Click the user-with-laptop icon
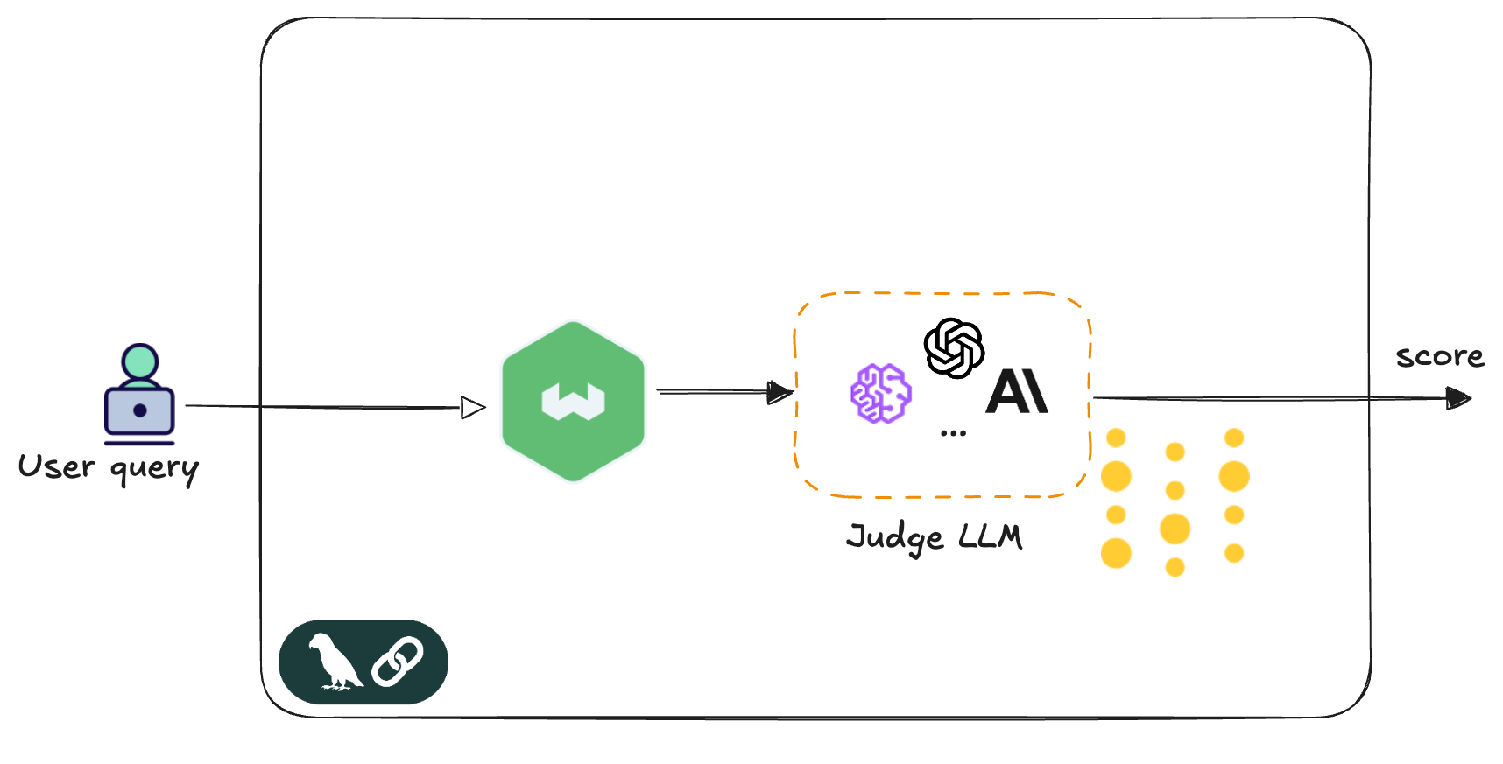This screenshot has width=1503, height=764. coord(139,394)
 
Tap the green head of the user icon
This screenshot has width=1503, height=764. coord(140,361)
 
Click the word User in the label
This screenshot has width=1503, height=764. coord(56,466)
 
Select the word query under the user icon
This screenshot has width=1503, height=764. coord(154,470)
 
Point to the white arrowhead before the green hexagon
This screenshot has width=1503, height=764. coord(472,407)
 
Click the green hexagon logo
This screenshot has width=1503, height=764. coord(573,401)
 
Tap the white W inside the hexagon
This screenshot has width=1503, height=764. coord(573,402)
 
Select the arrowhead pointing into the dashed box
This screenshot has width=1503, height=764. coord(779,392)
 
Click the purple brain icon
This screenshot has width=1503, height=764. coord(881,393)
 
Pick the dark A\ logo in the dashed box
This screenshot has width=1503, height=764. coord(1017,391)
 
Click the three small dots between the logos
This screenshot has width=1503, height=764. coord(953,433)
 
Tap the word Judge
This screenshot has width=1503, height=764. coord(895,537)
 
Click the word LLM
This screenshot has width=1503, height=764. coord(991,536)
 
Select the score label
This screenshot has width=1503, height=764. coord(1440,356)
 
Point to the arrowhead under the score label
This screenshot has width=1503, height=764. coord(1458,398)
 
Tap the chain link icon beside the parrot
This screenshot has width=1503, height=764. coord(397,661)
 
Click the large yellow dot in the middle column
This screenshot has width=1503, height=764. coord(1175,529)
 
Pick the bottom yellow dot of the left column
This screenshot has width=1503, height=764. coord(1117,553)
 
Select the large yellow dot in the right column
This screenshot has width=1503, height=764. coord(1233,476)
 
